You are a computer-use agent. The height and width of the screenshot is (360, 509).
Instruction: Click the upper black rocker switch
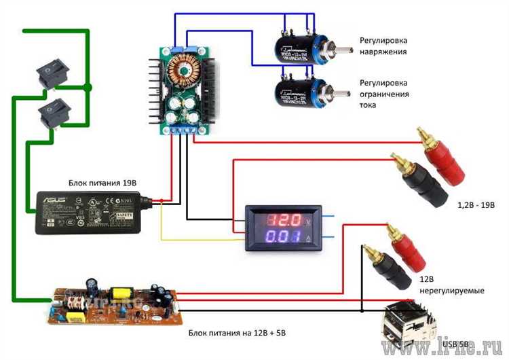coord(53,73)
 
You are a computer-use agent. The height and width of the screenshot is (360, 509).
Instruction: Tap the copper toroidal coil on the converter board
coord(185,69)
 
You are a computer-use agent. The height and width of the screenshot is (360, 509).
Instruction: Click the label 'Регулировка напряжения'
coord(383,46)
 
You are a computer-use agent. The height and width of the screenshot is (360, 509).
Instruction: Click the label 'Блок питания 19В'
coord(102,183)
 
